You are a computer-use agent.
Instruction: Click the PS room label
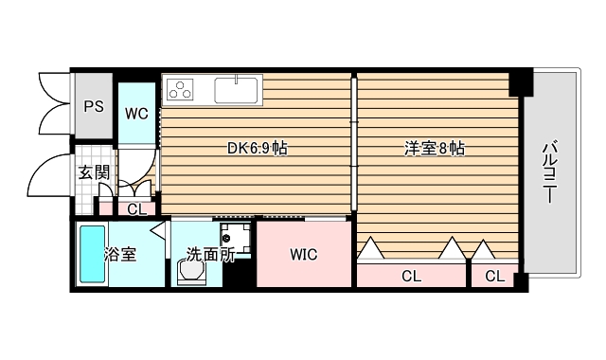click(x=93, y=106)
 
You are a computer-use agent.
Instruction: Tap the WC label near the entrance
click(x=136, y=114)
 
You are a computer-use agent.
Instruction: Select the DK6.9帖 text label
click(x=257, y=149)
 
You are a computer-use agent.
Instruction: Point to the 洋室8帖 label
click(x=435, y=149)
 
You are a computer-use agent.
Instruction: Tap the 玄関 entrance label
click(x=93, y=172)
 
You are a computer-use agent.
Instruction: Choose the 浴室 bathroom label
click(x=120, y=254)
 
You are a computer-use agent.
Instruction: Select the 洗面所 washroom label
click(x=209, y=254)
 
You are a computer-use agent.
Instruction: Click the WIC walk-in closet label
click(x=303, y=254)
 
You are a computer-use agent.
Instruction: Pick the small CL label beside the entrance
click(x=137, y=209)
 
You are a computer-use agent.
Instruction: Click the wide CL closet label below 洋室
click(x=411, y=277)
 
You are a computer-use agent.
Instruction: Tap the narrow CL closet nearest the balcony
click(x=494, y=277)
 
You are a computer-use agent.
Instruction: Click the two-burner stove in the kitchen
click(x=180, y=91)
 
